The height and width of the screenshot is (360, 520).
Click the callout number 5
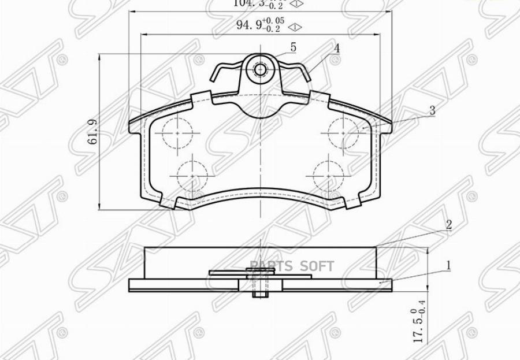point(293,47)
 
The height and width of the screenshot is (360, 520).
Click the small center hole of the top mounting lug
point(260,70)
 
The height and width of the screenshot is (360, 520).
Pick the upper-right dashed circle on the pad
point(343,132)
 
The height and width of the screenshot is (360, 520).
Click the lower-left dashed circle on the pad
point(192,173)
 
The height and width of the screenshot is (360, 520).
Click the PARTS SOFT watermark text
point(292,266)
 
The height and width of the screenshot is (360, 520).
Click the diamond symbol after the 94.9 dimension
point(295,27)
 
